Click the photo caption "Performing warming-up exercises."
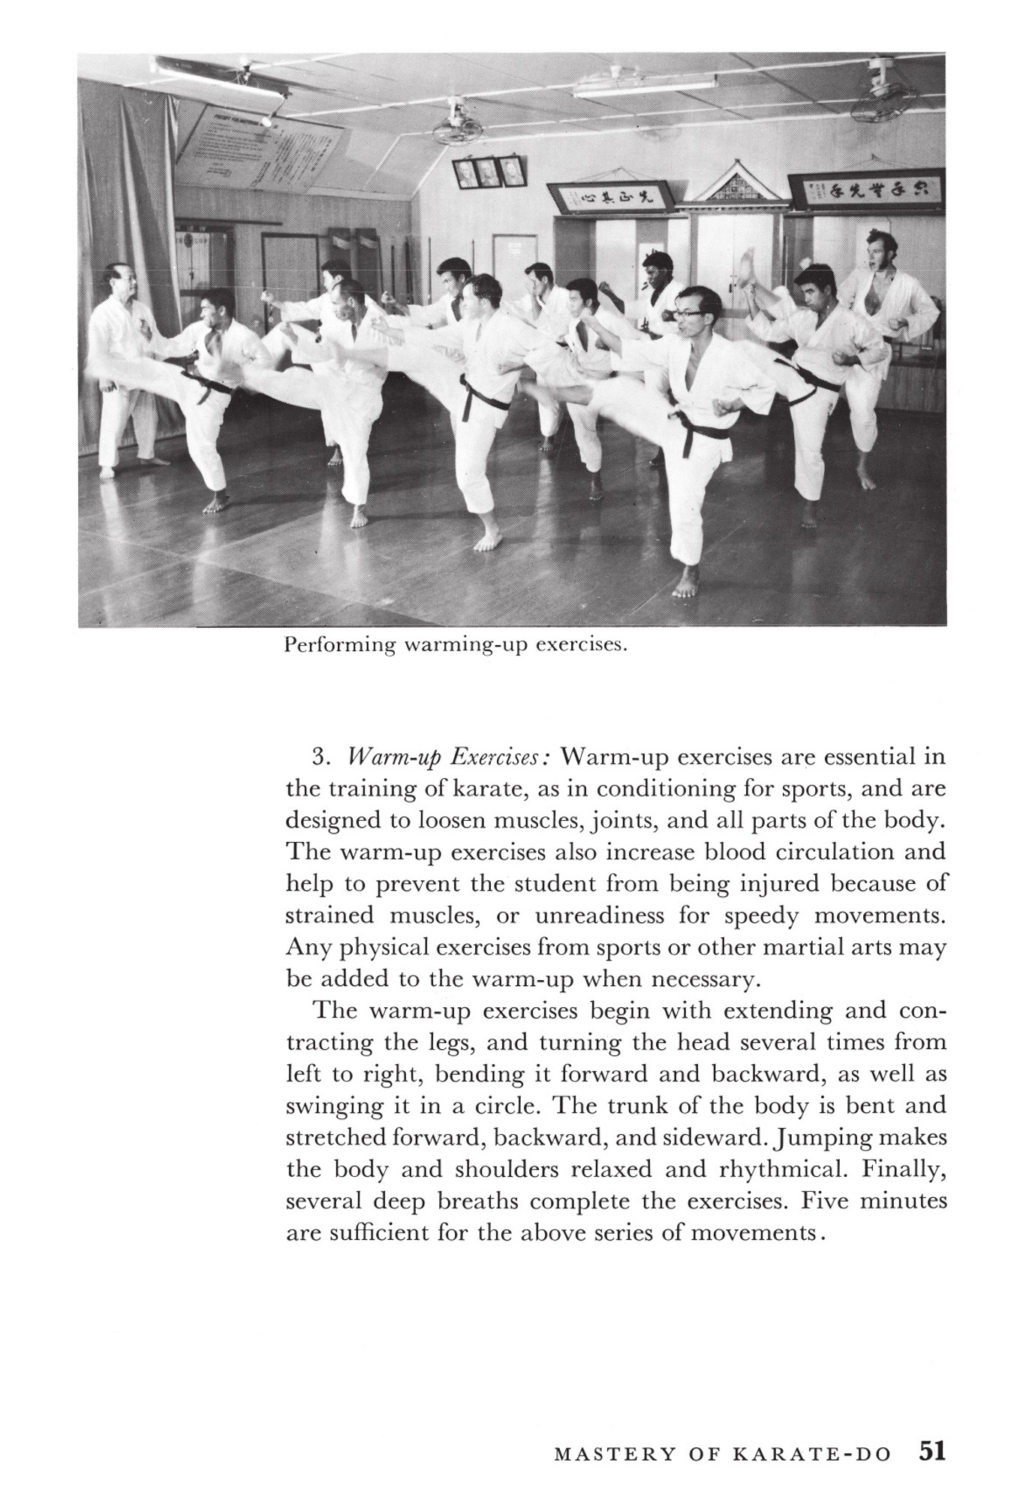[x=456, y=646]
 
